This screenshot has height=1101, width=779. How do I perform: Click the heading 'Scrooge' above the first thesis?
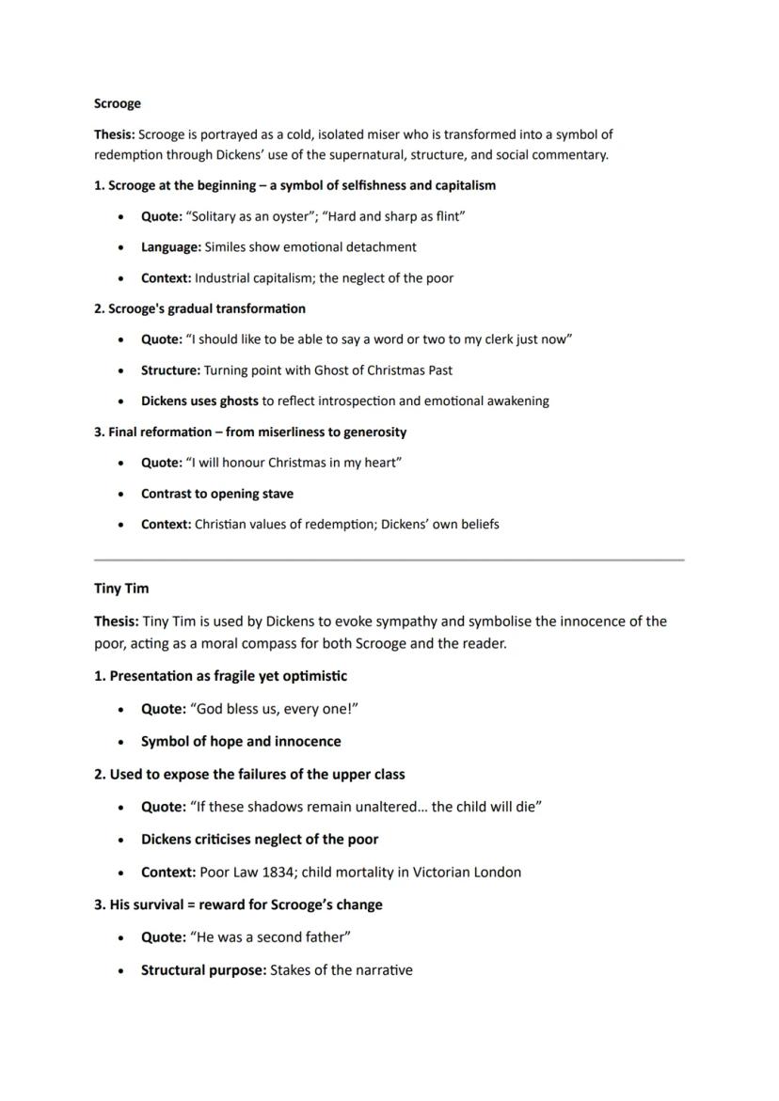point(118,103)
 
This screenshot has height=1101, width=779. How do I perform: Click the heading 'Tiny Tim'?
point(121,589)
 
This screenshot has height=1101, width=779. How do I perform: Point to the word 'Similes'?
point(228,247)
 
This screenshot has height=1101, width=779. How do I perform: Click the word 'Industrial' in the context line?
point(226,278)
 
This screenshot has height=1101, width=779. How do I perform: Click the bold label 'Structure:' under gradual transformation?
point(170,370)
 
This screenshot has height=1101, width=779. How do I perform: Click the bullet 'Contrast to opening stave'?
point(217,494)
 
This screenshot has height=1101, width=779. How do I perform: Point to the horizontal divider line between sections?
point(389,560)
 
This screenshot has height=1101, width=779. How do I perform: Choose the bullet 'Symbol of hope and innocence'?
point(241,742)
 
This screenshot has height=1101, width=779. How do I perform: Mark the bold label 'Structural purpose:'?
point(203,970)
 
